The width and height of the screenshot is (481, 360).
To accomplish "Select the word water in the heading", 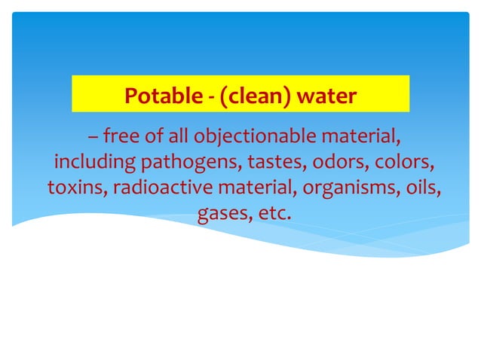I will pos(326,96).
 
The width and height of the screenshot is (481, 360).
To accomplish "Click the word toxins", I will pos(73,188).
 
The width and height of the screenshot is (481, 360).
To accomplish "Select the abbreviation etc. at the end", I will pos(274,213).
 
